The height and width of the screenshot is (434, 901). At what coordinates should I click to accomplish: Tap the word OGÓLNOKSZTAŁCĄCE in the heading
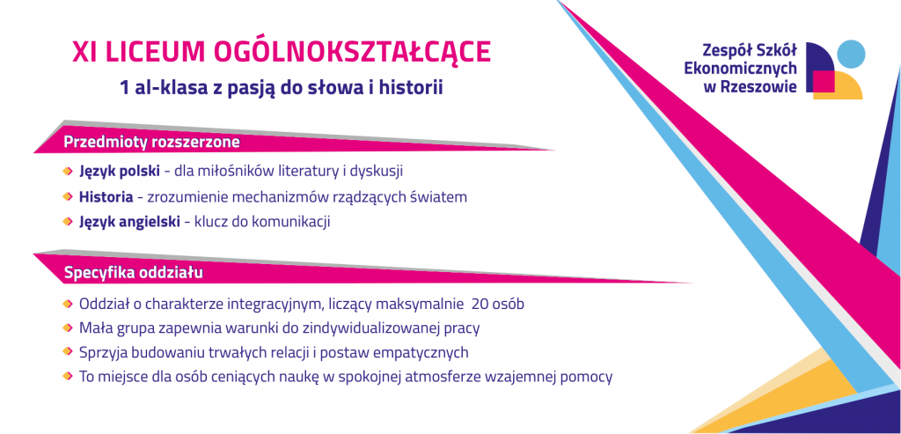click(x=352, y=52)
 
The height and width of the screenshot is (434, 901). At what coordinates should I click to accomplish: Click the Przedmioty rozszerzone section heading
click(x=151, y=142)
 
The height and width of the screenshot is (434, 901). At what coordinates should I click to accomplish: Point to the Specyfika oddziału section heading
click(x=134, y=273)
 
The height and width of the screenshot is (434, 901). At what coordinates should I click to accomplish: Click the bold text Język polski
click(x=120, y=172)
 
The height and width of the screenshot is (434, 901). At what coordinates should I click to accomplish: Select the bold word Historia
click(x=106, y=196)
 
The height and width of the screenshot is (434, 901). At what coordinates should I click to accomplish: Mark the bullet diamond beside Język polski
click(x=68, y=172)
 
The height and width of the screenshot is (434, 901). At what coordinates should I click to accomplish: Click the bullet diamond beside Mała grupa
click(x=68, y=327)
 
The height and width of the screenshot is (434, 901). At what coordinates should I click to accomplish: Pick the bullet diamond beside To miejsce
click(x=68, y=377)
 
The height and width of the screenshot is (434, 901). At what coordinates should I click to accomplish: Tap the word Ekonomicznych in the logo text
click(x=741, y=69)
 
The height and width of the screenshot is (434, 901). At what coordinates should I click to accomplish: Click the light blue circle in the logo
click(x=851, y=54)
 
